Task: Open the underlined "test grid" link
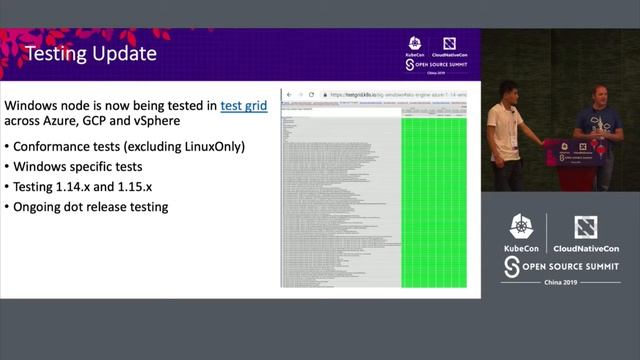[243, 104]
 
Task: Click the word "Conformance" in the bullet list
[59, 146]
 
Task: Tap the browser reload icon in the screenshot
[311, 94]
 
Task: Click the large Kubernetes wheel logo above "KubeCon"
[521, 226]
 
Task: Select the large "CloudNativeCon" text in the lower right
[585, 248]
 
